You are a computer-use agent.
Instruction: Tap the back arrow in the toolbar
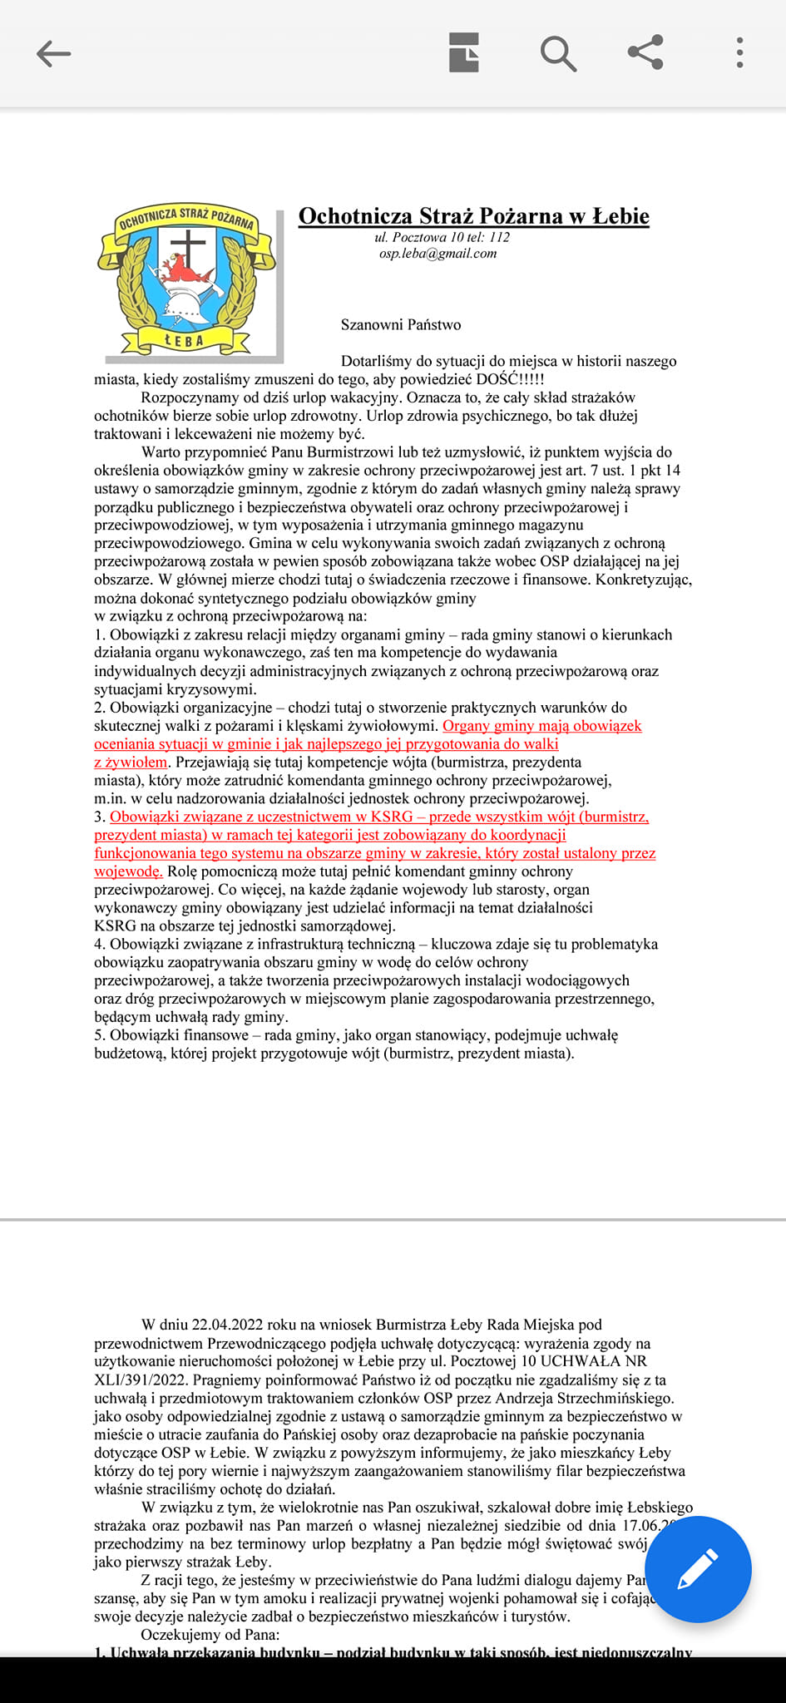pyautogui.click(x=54, y=54)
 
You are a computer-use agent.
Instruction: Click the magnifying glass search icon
pyautogui.click(x=558, y=54)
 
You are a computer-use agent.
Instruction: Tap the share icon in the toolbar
pyautogui.click(x=645, y=52)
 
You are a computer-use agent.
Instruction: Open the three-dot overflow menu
pyautogui.click(x=739, y=52)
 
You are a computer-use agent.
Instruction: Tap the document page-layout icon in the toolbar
pyautogui.click(x=464, y=53)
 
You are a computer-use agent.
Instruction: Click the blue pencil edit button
pyautogui.click(x=698, y=1569)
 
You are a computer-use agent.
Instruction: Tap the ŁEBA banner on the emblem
pyautogui.click(x=185, y=340)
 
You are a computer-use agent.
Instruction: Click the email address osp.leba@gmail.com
pyautogui.click(x=437, y=254)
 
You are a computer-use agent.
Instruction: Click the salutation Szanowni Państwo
pyautogui.click(x=401, y=325)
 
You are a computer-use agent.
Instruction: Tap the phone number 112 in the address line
pyautogui.click(x=499, y=237)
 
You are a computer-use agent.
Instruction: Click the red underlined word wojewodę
pyautogui.click(x=127, y=871)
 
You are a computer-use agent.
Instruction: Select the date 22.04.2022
pyautogui.click(x=228, y=1325)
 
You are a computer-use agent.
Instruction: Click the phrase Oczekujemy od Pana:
pyautogui.click(x=210, y=1635)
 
